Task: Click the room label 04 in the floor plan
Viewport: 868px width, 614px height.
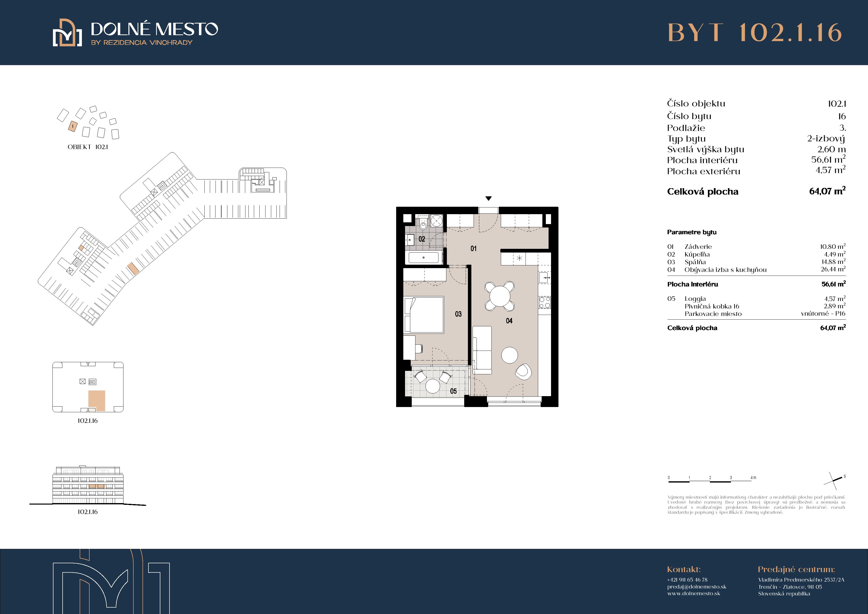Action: (x=509, y=321)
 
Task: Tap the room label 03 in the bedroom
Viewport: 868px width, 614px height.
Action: (x=458, y=314)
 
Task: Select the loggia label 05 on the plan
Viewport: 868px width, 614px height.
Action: (x=453, y=391)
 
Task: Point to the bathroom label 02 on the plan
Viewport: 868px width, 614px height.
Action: (x=422, y=239)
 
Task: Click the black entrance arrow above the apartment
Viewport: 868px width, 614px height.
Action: (x=488, y=198)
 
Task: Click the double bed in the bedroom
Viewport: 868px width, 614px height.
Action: (x=424, y=315)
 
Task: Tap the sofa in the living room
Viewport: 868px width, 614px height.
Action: (x=482, y=350)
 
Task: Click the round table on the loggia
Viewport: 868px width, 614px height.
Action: (x=433, y=386)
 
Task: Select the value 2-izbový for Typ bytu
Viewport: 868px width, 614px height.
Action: (x=826, y=138)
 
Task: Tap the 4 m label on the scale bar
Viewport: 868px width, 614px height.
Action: (x=753, y=477)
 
